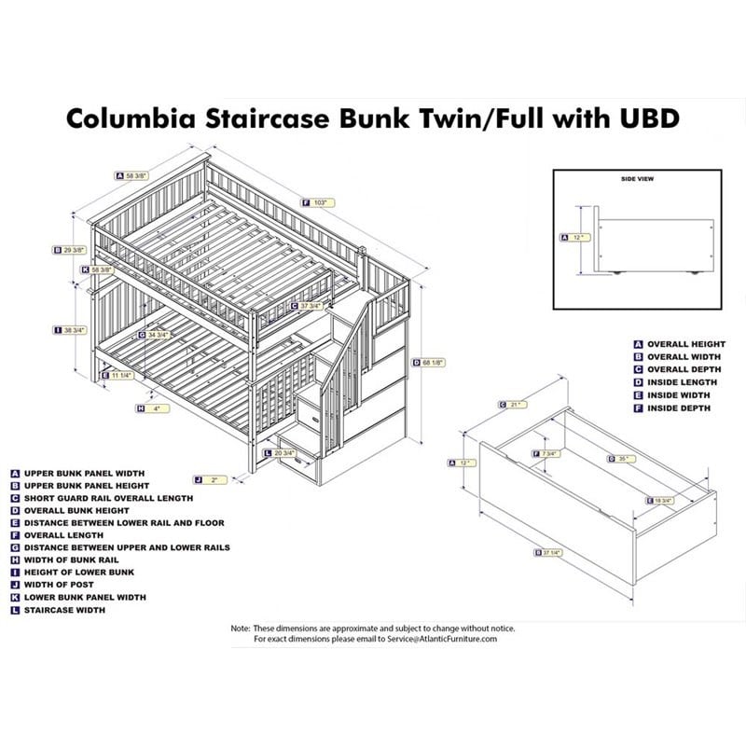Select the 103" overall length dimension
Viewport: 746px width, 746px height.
[x=324, y=200]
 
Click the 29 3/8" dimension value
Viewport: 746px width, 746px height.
[x=75, y=250]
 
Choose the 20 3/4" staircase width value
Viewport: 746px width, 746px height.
[x=285, y=453]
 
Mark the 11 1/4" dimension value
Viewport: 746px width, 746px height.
[x=121, y=375]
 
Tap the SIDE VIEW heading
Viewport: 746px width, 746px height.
[x=639, y=179]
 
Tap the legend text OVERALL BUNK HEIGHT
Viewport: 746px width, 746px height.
[x=76, y=510]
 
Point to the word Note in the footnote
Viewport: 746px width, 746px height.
[x=241, y=628]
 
